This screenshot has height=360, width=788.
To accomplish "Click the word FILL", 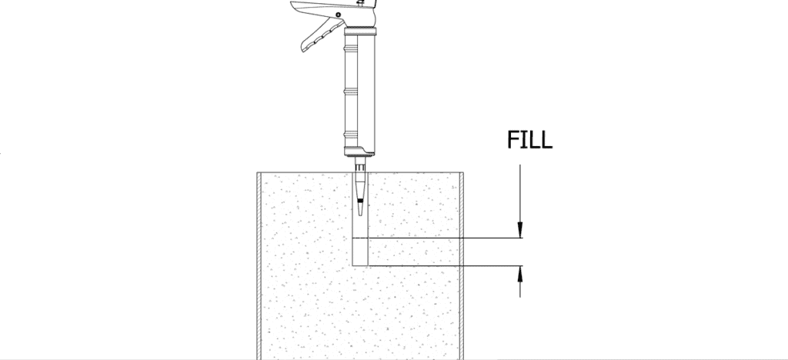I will pyautogui.click(x=529, y=140).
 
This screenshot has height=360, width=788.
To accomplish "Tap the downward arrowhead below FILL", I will pyautogui.click(x=520, y=230).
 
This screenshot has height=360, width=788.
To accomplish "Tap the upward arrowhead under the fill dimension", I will pyautogui.click(x=520, y=274).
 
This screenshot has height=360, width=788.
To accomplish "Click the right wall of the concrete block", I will pyautogui.click(x=461, y=262).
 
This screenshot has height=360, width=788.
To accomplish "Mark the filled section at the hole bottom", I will pyautogui.click(x=361, y=252).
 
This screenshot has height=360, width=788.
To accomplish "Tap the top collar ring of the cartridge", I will pyautogui.click(x=360, y=32).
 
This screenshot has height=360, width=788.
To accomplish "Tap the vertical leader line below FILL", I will pyautogui.click(x=520, y=192).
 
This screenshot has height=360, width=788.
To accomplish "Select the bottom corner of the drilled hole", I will pyautogui.click(x=353, y=265).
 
